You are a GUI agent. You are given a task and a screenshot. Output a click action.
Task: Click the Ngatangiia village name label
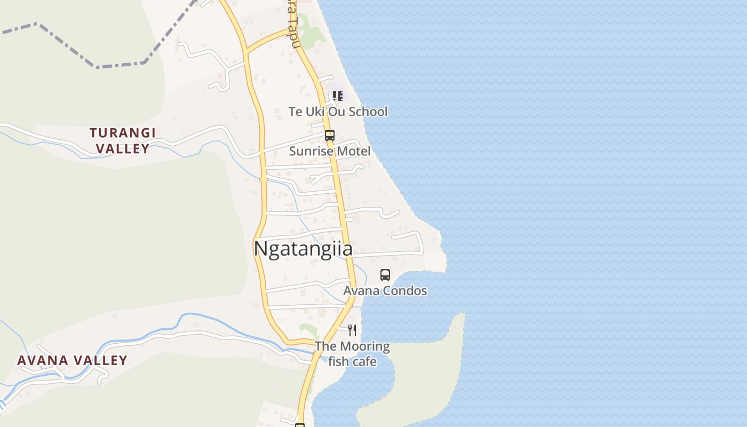coord(303,249)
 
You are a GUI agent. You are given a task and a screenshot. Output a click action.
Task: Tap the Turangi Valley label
coord(123,140)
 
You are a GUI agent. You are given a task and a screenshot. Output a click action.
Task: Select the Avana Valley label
coord(73,360)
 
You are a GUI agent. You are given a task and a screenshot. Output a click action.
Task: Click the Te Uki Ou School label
coord(338,112)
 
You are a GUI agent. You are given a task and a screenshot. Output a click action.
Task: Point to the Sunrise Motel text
coord(329,151)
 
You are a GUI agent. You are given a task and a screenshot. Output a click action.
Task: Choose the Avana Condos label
coord(385,291)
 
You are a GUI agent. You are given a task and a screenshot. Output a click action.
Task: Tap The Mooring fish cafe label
coord(352,354)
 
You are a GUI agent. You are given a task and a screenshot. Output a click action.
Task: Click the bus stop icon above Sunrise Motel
coord(330,136)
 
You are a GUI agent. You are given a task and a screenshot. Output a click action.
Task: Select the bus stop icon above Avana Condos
coord(385,275)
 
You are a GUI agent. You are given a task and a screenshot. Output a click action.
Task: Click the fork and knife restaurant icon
coord(352,330)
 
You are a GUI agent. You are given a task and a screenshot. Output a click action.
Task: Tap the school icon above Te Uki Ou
coord(337,96)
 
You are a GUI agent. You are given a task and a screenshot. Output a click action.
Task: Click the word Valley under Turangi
coord(123,148)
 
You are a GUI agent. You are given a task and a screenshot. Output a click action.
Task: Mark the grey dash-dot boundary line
coord(120,65)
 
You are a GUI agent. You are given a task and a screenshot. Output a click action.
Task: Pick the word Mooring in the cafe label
coord(364,346)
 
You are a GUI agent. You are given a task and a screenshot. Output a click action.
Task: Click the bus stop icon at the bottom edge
coord(300,425)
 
